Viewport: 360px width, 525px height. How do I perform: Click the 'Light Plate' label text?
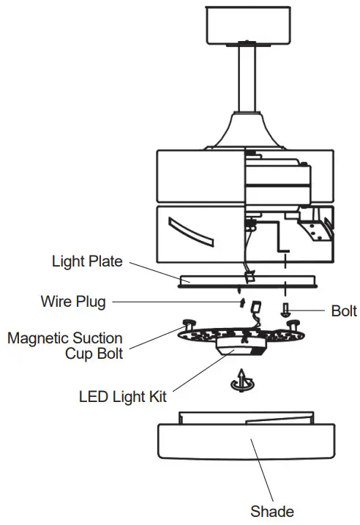tap(86, 261)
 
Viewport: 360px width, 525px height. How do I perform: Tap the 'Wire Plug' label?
tap(72, 300)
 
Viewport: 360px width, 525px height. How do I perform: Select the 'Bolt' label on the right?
tap(343, 311)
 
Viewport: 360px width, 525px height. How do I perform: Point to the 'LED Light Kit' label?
tap(122, 397)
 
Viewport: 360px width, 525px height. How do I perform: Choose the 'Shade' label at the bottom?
tap(272, 510)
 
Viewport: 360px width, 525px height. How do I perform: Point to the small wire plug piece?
tap(240, 302)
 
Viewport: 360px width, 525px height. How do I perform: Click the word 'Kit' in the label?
tap(156, 397)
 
